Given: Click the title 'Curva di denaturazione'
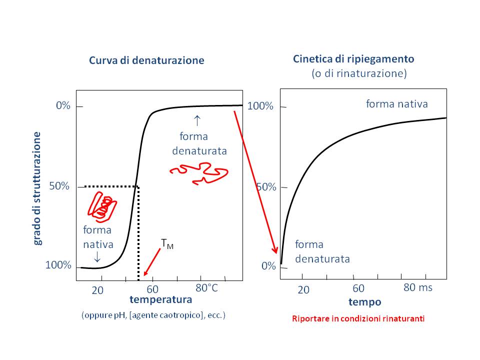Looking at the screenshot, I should point(146,60).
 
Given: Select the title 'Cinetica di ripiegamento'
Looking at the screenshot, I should point(353,59).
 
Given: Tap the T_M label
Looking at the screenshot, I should point(167,244).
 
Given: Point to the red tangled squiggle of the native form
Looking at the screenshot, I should point(102,206).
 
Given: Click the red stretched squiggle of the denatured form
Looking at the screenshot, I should point(199,171).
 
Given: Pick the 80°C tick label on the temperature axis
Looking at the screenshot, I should point(206,288).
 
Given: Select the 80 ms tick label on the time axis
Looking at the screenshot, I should point(417,287).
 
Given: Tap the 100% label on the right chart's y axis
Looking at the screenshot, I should point(261,106).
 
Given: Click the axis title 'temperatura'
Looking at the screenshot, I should point(160,300).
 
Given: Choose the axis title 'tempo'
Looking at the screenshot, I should point(364,302).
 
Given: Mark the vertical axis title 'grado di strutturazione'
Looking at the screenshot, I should point(38,188).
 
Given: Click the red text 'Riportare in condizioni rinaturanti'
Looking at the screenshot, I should point(358,318).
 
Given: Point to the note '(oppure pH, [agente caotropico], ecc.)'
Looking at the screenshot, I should point(153,315).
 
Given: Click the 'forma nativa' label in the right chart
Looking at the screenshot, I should point(397,104).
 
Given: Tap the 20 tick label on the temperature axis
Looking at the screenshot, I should point(97,290).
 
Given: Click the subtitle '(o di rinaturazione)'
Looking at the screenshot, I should point(359,73).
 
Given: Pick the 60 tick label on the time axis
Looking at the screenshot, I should point(358,288).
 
